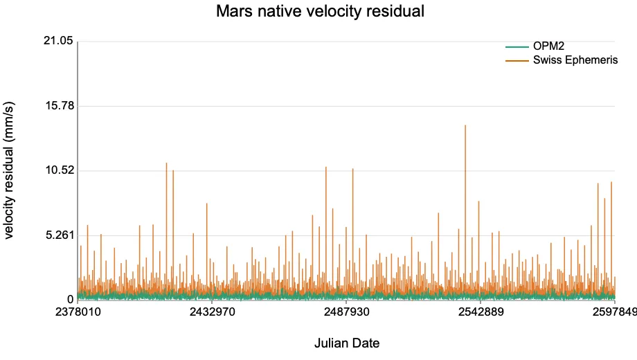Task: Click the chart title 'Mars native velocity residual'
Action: pyautogui.click(x=320, y=11)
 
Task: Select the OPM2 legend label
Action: pyautogui.click(x=548, y=46)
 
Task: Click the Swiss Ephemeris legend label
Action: pyautogui.click(x=575, y=60)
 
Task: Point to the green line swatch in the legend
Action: pyautogui.click(x=517, y=47)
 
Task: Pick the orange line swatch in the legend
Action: pyautogui.click(x=517, y=61)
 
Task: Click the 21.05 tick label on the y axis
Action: pyautogui.click(x=58, y=41)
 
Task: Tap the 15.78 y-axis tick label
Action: pyautogui.click(x=60, y=106)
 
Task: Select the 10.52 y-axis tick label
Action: pyautogui.click(x=60, y=170)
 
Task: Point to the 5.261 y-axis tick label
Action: pyautogui.click(x=60, y=235)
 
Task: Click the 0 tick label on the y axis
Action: pyautogui.click(x=71, y=300)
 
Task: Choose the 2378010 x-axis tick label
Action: pyautogui.click(x=78, y=312)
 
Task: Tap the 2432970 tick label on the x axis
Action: pyautogui.click(x=212, y=312)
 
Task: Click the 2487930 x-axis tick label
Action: pyautogui.click(x=346, y=312)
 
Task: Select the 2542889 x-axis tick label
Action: pyautogui.click(x=481, y=312)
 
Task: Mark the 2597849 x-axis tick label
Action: pyautogui.click(x=615, y=312)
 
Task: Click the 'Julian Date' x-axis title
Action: pyautogui.click(x=347, y=343)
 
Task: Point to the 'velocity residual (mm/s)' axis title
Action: pyautogui.click(x=8, y=170)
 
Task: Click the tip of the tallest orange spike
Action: pyautogui.click(x=465, y=125)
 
